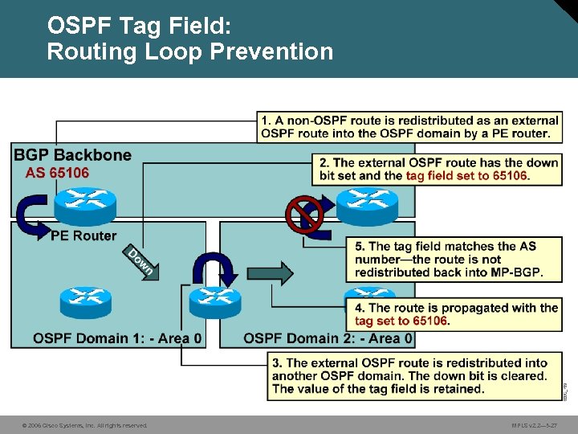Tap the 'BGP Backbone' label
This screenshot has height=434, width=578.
click(72, 155)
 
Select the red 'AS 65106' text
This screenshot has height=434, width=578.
click(57, 173)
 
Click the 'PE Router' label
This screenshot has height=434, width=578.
click(83, 235)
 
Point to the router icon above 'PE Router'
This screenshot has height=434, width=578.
click(85, 204)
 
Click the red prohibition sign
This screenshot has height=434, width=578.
click(304, 212)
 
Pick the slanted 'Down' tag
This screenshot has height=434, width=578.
click(140, 261)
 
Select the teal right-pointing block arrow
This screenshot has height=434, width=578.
click(276, 272)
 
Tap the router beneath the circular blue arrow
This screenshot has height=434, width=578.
click(214, 301)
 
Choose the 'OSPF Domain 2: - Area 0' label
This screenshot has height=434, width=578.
click(328, 338)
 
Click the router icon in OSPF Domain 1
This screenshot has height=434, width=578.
click(84, 302)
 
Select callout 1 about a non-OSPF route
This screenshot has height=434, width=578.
click(409, 127)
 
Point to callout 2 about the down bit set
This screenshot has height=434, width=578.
click(438, 169)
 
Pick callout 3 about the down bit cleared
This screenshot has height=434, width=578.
click(409, 376)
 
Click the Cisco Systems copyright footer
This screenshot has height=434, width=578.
click(84, 425)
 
